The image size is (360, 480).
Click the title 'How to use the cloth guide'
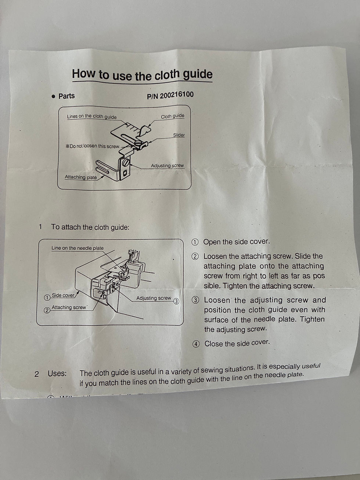[142, 75]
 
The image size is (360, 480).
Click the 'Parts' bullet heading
[66, 96]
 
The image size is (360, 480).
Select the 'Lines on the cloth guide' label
[91, 117]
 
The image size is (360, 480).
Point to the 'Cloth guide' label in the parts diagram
[172, 116]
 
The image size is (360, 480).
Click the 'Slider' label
[179, 135]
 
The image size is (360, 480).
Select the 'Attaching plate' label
[81, 177]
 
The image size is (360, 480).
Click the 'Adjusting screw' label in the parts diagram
[167, 166]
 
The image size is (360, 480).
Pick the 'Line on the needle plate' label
[78, 248]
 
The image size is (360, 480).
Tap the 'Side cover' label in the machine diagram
[63, 295]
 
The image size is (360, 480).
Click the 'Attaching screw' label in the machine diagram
[69, 307]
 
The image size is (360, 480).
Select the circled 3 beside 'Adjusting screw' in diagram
[176, 301]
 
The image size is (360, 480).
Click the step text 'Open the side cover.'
[236, 242]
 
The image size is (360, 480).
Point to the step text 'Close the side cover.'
[237, 343]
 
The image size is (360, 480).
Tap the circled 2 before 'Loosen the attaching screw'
[195, 257]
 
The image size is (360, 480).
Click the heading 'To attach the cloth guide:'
[90, 227]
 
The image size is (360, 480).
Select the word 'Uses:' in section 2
[57, 374]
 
